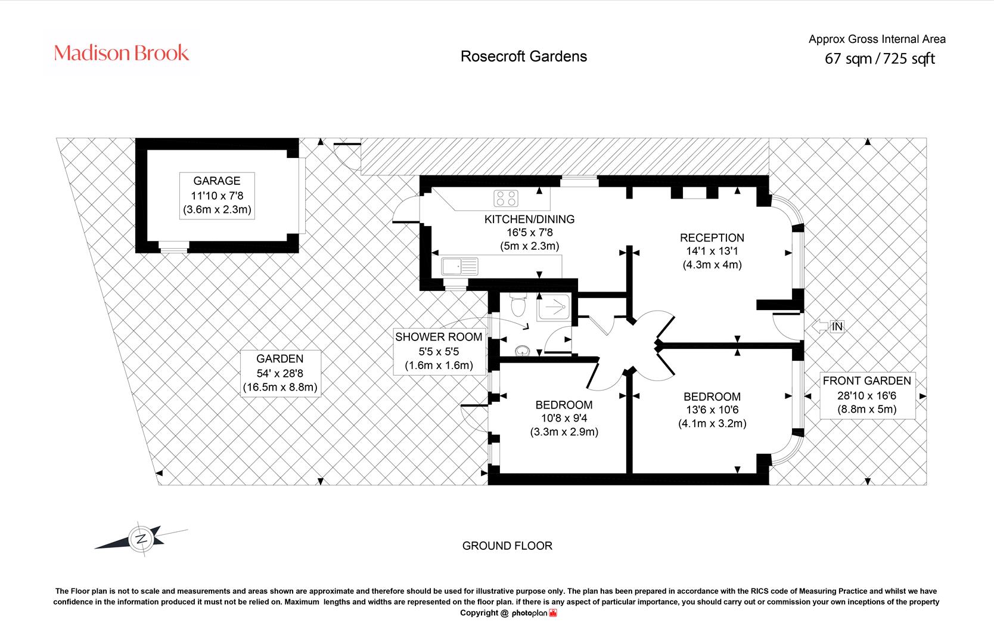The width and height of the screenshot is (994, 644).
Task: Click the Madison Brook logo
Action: (x=121, y=53)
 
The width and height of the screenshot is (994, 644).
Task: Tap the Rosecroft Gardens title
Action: (x=524, y=57)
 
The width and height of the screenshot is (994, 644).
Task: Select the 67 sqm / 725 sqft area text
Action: (x=880, y=58)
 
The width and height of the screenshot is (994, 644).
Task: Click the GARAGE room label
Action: (x=217, y=196)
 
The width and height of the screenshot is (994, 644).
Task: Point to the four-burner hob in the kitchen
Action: (x=506, y=199)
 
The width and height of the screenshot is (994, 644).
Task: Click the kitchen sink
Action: (x=459, y=267)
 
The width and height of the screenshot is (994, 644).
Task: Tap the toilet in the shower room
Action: (x=518, y=304)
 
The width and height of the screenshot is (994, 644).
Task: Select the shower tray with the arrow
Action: (x=554, y=307)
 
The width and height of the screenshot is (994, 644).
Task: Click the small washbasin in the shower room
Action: (x=523, y=351)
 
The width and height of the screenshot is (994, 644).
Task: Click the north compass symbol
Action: (x=141, y=538)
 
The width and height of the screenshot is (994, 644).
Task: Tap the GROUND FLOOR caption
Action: (x=507, y=546)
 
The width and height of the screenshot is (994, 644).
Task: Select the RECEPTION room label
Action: (x=712, y=251)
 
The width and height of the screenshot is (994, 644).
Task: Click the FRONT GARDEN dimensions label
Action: (x=867, y=395)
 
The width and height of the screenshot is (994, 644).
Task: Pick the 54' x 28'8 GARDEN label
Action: (x=280, y=373)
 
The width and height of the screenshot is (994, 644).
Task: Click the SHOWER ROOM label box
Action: (x=439, y=351)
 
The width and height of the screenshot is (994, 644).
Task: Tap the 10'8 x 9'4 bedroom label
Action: (x=564, y=418)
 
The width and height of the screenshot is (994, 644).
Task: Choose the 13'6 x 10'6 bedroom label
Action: (x=712, y=410)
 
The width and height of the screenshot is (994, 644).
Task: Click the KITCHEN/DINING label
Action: (x=529, y=233)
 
